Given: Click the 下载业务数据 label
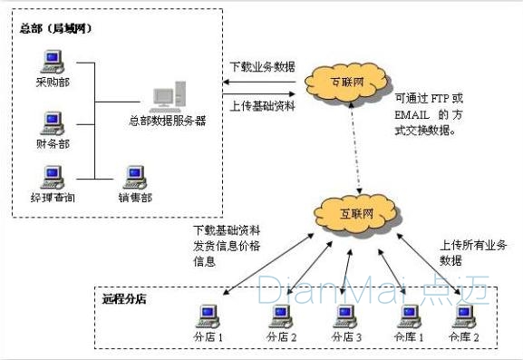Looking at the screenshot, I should point(260,67).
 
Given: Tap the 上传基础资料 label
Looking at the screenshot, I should point(260,105).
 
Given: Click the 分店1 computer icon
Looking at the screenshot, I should point(209,315).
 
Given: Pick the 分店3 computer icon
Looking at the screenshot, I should point(344,315).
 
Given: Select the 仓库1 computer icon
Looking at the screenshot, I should point(410,315).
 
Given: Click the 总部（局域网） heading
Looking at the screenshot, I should point(55,28).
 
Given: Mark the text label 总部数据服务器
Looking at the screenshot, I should point(168,120).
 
